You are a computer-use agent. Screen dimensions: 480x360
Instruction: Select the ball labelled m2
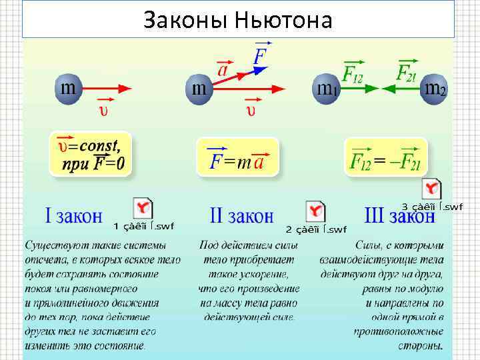(x=434, y=89)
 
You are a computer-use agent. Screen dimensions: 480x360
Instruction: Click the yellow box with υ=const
(x=90, y=153)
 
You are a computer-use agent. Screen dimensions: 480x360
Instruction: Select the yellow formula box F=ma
(x=237, y=157)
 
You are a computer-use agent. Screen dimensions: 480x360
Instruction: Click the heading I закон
(x=73, y=215)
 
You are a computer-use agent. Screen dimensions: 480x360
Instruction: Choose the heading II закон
(x=241, y=215)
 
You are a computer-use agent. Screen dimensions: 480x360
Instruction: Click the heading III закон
(x=399, y=216)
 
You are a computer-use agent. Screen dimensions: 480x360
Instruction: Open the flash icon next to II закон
(x=315, y=212)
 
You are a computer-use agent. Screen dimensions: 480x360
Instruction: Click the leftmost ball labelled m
(x=68, y=89)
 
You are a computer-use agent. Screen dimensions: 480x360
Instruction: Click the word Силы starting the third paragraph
(x=369, y=245)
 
